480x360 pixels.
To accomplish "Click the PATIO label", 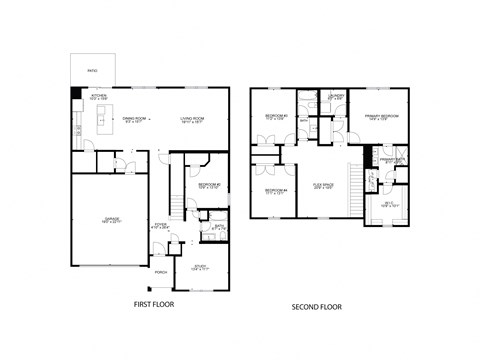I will (x=91, y=71).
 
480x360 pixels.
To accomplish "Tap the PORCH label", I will (x=160, y=273).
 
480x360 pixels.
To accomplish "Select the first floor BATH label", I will (x=219, y=227).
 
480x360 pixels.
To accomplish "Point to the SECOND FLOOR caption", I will (x=316, y=306).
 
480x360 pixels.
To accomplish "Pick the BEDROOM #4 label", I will (x=276, y=191).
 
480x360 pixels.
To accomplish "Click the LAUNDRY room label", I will (x=335, y=97).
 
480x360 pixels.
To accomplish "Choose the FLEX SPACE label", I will (x=322, y=186).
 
